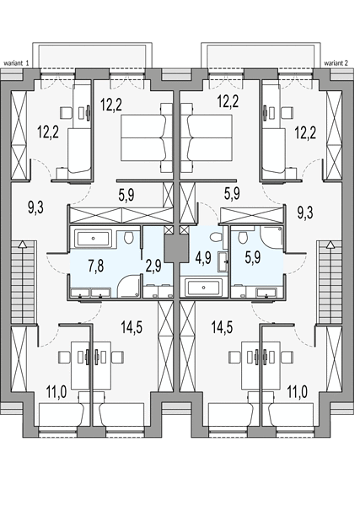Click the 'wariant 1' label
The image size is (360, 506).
click(17, 63)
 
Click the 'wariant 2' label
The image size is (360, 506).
click(336, 63)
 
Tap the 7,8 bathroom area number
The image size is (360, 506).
click(96, 266)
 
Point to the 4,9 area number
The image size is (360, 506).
click(203, 258)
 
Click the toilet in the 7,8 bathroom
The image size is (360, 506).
click(129, 238)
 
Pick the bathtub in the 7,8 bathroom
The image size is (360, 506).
click(94, 239)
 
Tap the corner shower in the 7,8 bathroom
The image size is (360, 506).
click(129, 286)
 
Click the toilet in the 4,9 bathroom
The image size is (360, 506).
click(215, 238)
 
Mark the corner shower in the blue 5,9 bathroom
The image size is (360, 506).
click(272, 239)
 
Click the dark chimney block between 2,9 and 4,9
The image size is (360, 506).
click(176, 248)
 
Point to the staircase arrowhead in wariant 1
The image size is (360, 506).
click(22, 244)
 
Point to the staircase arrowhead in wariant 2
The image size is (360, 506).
click(330, 245)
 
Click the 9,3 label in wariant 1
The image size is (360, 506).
click(35, 207)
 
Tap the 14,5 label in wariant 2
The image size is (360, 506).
click(223, 327)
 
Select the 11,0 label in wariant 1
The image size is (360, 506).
click(56, 392)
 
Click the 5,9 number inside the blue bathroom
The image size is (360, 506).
click(253, 258)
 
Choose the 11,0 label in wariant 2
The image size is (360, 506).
click(297, 392)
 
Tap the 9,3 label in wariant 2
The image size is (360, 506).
click(305, 213)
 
